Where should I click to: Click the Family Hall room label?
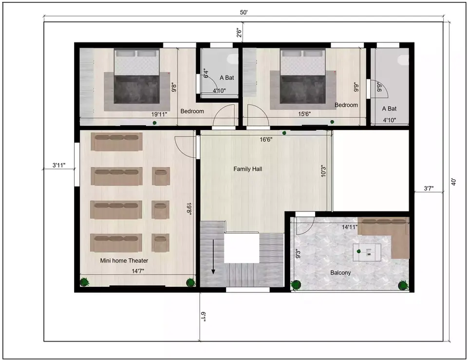tap(247, 169)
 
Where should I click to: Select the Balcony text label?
tap(340, 273)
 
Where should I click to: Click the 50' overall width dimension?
tap(244, 13)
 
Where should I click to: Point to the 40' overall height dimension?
tap(454, 182)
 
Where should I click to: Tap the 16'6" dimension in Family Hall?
tap(265, 139)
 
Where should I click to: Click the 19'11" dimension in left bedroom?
tap(159, 114)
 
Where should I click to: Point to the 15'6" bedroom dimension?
tap(304, 114)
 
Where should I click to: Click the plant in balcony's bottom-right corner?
tap(402, 285)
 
